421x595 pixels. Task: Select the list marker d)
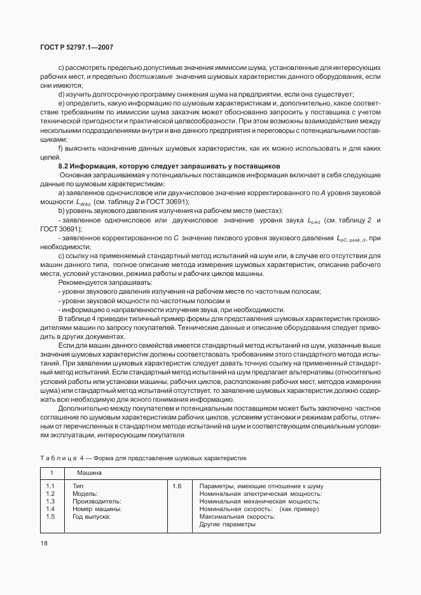pos(61,94)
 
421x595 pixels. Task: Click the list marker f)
pos(60,148)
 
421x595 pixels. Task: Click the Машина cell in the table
pos(89,474)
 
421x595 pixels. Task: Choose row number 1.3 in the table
pos(51,501)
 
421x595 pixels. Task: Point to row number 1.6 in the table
pos(177,486)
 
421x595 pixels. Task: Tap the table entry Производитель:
pos(97,501)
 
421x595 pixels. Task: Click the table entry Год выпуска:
pos(92,516)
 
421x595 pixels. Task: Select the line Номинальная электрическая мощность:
pos(261,493)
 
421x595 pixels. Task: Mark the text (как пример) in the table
pos(300,509)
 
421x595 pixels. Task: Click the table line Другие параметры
pos(226,524)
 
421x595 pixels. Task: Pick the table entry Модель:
pos(85,493)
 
